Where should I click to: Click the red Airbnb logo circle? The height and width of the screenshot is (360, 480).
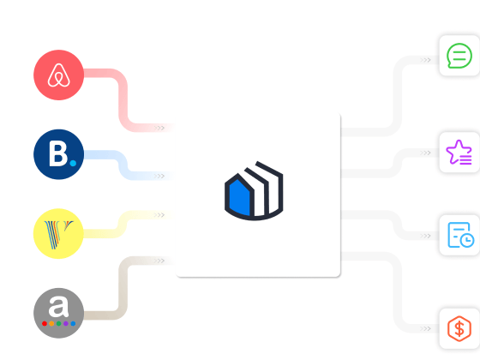pyautogui.click(x=58, y=75)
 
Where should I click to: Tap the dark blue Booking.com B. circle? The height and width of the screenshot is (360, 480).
pyautogui.click(x=58, y=154)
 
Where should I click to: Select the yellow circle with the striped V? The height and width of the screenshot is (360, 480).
pyautogui.click(x=58, y=233)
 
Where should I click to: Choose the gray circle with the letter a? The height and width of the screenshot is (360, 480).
pyautogui.click(x=58, y=313)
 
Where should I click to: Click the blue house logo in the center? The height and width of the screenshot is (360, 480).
pyautogui.click(x=254, y=190)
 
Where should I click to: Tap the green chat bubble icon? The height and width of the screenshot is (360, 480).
pyautogui.click(x=459, y=56)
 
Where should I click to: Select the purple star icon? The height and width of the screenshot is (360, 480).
pyautogui.click(x=459, y=153)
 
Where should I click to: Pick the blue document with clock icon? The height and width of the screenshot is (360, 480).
pyautogui.click(x=461, y=235)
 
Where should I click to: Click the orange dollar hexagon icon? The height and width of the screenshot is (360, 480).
pyautogui.click(x=459, y=328)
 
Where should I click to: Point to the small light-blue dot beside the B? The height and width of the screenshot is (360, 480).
pyautogui.click(x=73, y=163)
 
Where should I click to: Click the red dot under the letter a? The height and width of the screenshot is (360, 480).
pyautogui.click(x=45, y=324)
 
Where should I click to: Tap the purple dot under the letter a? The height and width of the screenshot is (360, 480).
pyautogui.click(x=66, y=324)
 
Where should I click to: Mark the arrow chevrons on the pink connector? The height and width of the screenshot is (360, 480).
pyautogui.click(x=159, y=128)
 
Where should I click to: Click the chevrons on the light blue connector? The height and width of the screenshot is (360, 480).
pyautogui.click(x=159, y=176)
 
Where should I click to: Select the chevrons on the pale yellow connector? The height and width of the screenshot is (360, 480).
pyautogui.click(x=159, y=215)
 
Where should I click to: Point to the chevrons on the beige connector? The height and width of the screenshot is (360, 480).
pyautogui.click(x=159, y=261)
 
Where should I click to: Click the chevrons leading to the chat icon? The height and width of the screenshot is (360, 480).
pyautogui.click(x=425, y=60)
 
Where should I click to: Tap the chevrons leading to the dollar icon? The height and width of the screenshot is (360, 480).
pyautogui.click(x=425, y=329)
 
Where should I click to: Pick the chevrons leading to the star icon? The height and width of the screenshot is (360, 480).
pyautogui.click(x=425, y=153)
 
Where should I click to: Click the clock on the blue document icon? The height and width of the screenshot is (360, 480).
pyautogui.click(x=467, y=240)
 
